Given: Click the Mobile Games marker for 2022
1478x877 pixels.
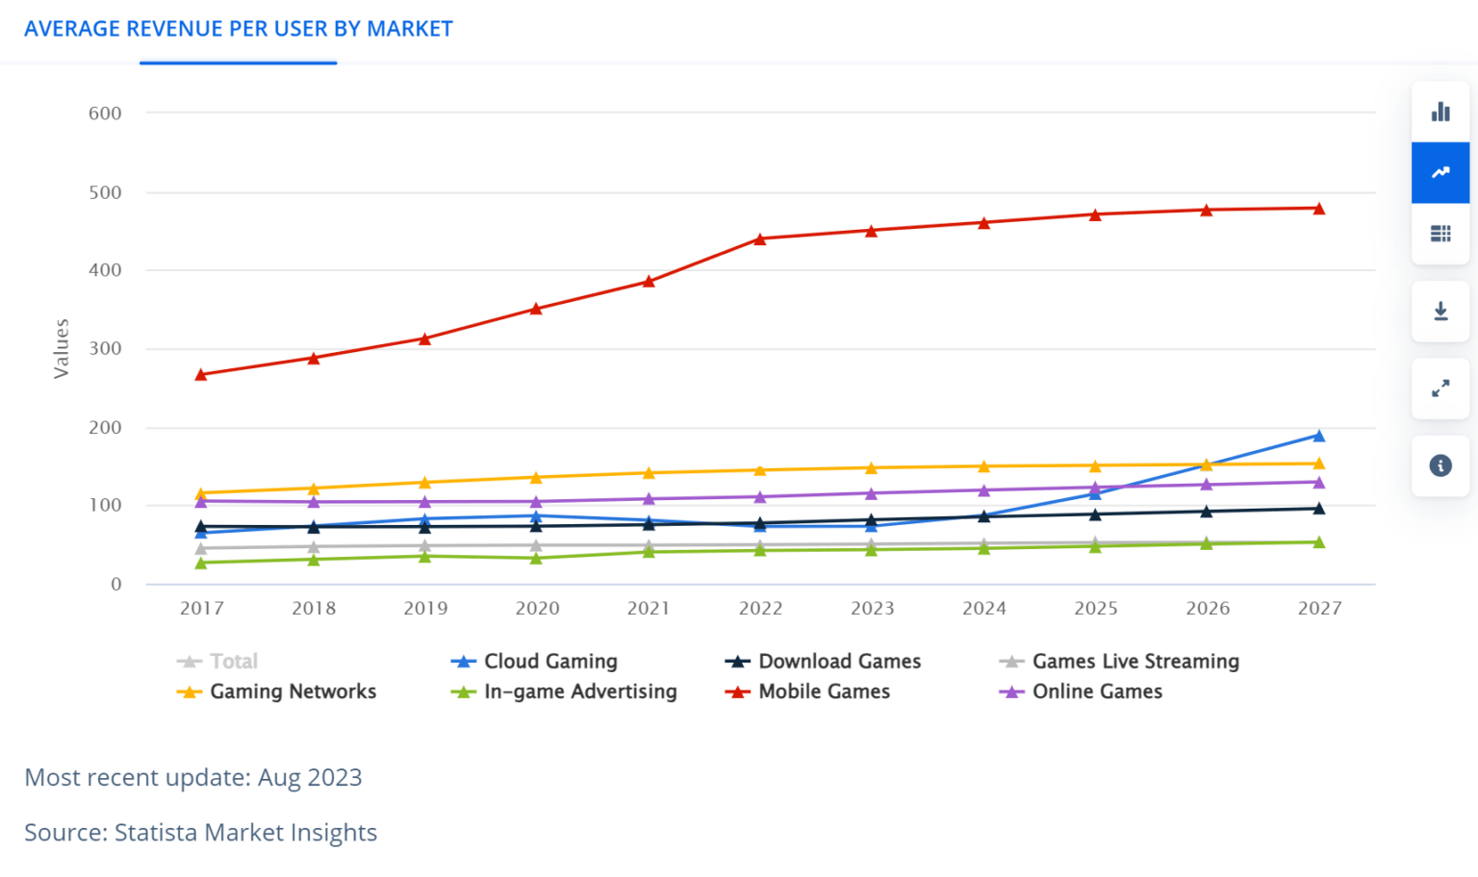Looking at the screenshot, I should pos(760,238).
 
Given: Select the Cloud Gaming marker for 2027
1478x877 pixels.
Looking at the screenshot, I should pos(1318,436).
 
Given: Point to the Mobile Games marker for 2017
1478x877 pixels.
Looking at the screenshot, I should pos(201,374).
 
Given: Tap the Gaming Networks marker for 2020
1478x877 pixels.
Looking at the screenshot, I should pos(536,477).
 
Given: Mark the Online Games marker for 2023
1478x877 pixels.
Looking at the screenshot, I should pos(872,493).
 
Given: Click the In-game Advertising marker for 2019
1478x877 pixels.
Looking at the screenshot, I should pos(424,556).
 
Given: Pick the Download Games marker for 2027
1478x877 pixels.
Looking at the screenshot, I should pos(1318,508).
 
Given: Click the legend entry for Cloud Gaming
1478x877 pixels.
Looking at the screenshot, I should pos(549,662).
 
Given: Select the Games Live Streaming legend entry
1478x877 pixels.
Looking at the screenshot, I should pos(1134,662).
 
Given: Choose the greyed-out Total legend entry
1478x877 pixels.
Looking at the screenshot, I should pos(233,662).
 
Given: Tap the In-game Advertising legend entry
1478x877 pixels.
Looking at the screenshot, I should pos(579,691).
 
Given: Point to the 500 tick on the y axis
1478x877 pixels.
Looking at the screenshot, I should pos(105,192).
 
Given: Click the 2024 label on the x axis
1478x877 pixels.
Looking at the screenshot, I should pos(983,608).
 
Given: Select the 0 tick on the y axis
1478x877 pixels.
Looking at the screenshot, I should pos(116,584).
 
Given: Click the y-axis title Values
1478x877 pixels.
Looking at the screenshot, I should pos(62,348).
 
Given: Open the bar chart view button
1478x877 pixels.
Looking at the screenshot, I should pos(1440,112).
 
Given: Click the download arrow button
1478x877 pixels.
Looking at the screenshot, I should pos(1440,312).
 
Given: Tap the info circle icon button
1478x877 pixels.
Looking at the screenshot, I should pos(1440,465).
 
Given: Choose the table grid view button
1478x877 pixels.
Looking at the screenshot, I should pos(1440,234).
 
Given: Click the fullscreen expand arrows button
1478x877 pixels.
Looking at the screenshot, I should pos(1440,388).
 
